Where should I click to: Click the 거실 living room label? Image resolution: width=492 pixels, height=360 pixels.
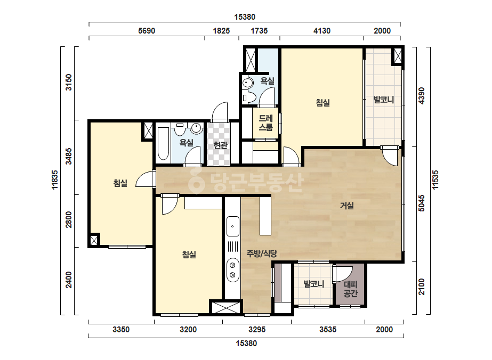click(347, 206)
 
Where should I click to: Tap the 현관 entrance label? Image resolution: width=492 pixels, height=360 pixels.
click(220, 145)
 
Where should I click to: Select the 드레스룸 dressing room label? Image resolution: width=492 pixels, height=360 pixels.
click(265, 122)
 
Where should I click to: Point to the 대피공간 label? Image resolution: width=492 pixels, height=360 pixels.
click(351, 289)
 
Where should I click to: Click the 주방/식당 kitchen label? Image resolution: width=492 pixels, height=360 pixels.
click(262, 253)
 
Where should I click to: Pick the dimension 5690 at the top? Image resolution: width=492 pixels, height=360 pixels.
click(147, 31)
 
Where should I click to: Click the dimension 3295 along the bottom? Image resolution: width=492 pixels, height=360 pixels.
click(257, 330)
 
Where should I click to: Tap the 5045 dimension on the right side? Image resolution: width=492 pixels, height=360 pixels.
click(422, 203)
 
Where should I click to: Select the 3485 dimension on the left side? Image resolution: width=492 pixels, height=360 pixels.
click(68, 156)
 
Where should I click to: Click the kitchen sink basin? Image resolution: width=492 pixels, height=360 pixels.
click(232, 226)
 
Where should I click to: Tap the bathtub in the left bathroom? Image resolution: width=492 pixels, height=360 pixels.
click(163, 143)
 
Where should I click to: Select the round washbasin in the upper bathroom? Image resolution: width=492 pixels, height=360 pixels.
click(248, 83)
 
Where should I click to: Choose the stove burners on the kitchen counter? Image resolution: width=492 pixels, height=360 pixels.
click(232, 270)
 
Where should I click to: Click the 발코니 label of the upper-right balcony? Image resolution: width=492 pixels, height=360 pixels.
click(383, 100)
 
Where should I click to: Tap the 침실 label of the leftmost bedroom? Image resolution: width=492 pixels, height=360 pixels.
click(120, 183)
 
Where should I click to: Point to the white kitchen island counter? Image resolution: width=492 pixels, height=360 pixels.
click(265, 215)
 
